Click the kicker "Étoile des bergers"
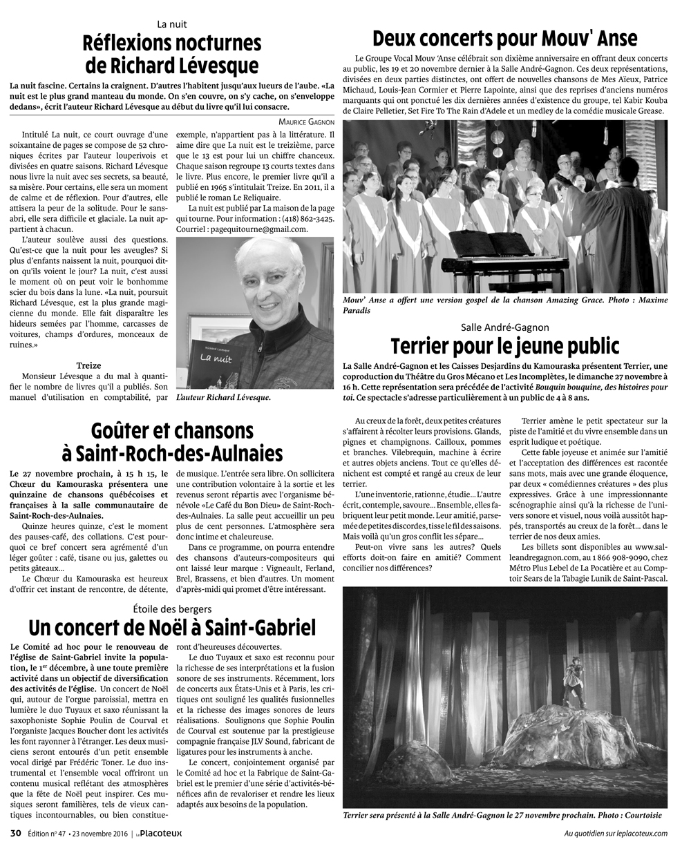(x=172, y=608)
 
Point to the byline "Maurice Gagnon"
(x=302, y=121)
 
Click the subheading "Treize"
(x=89, y=365)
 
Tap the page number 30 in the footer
(x=15, y=833)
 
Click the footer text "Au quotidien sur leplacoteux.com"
(x=616, y=833)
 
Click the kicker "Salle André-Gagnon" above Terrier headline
(x=504, y=326)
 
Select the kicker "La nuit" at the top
(x=171, y=23)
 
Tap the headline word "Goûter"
(x=122, y=432)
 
